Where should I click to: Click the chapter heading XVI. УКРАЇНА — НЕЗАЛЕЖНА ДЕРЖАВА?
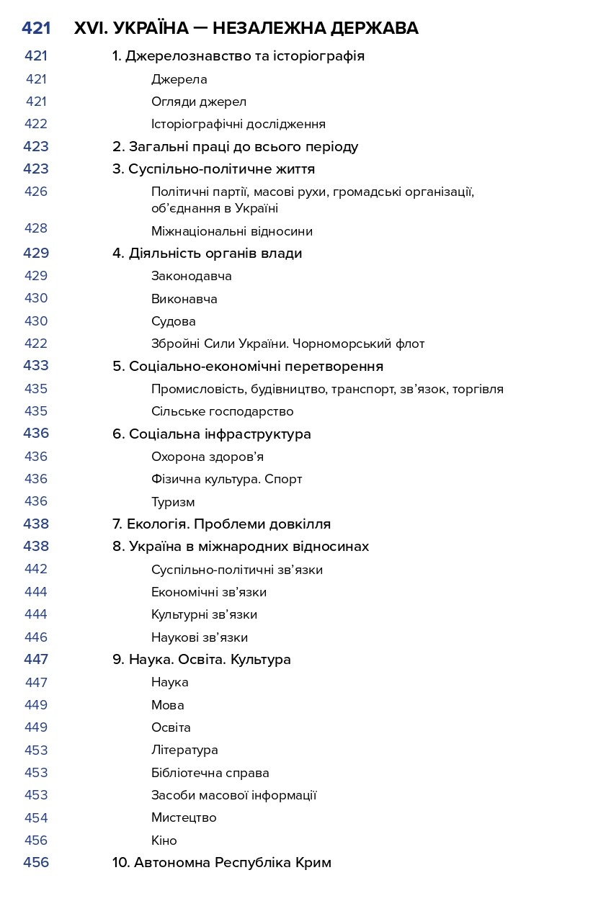[246, 29]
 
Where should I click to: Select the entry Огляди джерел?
[199, 102]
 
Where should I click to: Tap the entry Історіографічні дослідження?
[238, 124]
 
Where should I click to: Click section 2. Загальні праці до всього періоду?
[235, 147]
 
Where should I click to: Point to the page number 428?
[36, 228]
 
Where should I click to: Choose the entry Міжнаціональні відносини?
[232, 231]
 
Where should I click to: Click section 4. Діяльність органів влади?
[207, 254]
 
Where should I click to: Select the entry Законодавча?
[191, 276]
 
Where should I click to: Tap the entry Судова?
[173, 321]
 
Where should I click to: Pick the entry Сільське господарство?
[222, 411]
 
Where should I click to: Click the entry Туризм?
[173, 502]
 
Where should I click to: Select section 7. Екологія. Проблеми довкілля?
[221, 524]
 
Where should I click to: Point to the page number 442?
[36, 569]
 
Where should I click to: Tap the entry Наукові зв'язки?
[200, 637]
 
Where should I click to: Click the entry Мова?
[168, 705]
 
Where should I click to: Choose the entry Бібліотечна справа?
[210, 773]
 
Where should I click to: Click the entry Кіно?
[164, 840]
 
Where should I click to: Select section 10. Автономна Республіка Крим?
[221, 863]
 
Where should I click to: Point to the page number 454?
[36, 817]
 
